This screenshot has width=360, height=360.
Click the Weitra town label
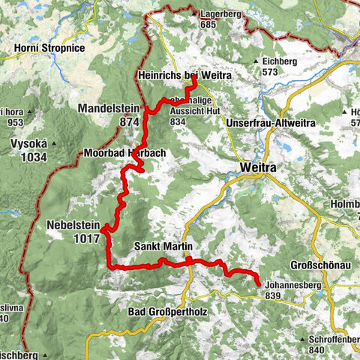pos(258,168)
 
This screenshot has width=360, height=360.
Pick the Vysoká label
pos(25,145)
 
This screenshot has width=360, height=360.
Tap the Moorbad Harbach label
pos(130,153)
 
